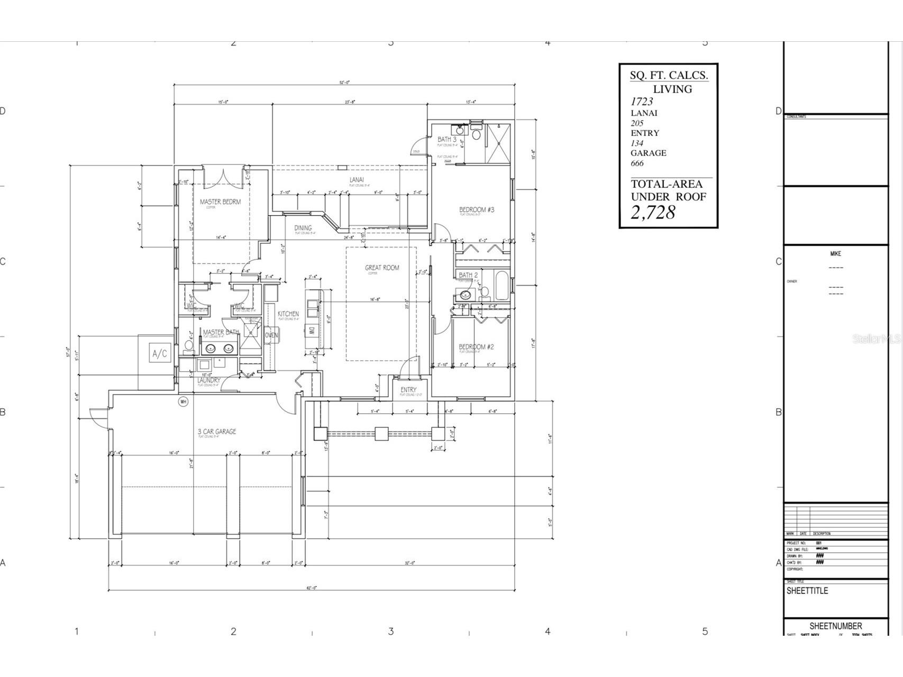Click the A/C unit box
160,354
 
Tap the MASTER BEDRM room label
220,202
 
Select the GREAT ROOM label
382,268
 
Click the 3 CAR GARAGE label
217,432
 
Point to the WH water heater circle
184,401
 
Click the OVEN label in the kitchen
271,335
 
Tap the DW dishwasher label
312,331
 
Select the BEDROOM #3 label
476,210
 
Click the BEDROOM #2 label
476,347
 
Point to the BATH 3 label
446,140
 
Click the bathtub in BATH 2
500,286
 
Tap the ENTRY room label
408,390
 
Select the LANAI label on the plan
357,180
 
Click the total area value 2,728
653,213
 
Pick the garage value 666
637,163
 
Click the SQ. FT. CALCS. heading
669,75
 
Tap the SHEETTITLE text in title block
807,591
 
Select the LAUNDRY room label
209,380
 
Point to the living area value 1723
641,101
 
